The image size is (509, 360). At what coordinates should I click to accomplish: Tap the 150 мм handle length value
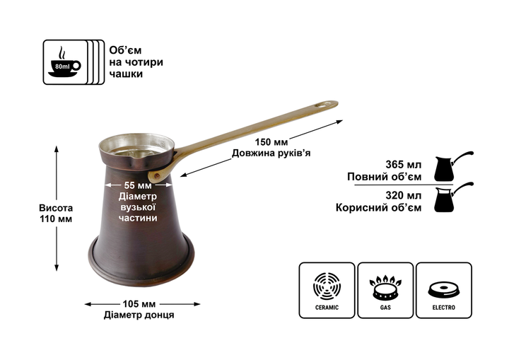(x=271, y=142)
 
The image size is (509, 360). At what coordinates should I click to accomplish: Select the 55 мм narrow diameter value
(x=138, y=185)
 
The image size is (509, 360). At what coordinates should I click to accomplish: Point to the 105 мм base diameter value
(x=139, y=304)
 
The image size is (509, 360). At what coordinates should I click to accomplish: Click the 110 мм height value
(x=56, y=219)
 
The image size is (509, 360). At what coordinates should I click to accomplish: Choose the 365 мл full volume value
(x=404, y=164)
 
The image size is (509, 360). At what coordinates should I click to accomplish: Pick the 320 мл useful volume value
(x=404, y=195)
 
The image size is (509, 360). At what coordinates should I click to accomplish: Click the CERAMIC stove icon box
(x=327, y=290)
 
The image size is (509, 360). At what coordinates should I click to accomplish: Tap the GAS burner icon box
(x=385, y=290)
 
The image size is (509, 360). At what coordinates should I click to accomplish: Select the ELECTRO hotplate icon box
(x=444, y=290)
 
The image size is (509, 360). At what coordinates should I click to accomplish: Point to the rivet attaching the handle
(x=157, y=176)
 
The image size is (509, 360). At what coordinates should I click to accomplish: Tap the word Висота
(x=56, y=208)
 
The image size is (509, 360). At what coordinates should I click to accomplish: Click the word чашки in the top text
(x=126, y=74)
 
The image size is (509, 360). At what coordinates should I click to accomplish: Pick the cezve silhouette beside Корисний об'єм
(x=453, y=197)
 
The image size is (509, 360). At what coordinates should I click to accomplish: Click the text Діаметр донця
(x=139, y=315)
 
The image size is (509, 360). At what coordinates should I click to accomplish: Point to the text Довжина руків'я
(x=271, y=153)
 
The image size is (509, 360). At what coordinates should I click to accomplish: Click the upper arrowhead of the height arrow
(x=56, y=149)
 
